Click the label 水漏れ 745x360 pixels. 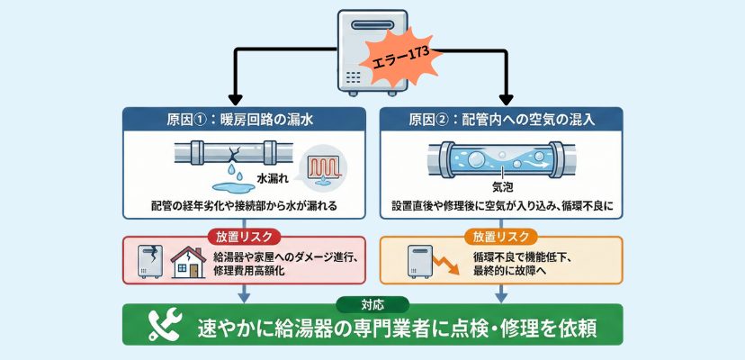(274, 178)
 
